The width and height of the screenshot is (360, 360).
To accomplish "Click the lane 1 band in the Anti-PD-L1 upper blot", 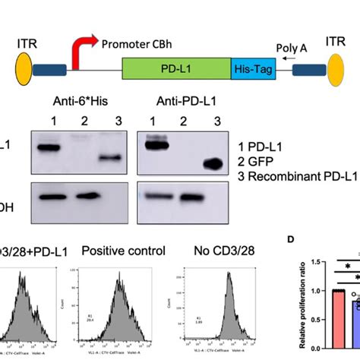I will click(159, 142).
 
